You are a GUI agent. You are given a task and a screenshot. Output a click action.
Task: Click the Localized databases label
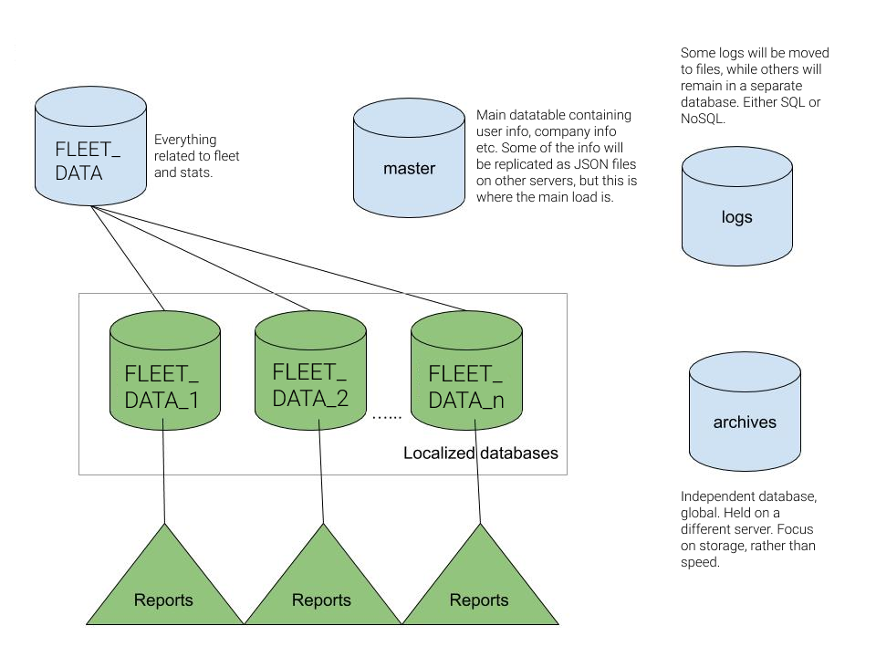480,453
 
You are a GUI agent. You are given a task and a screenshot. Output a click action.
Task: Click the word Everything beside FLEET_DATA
185,140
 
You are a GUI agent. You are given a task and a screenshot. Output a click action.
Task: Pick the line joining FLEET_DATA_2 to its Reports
322,474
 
